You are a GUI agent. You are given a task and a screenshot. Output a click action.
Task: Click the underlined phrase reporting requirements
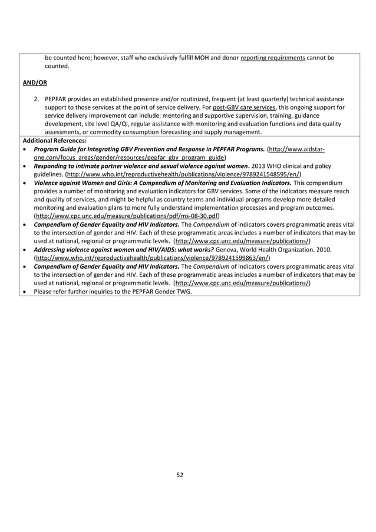(x=272, y=58)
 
